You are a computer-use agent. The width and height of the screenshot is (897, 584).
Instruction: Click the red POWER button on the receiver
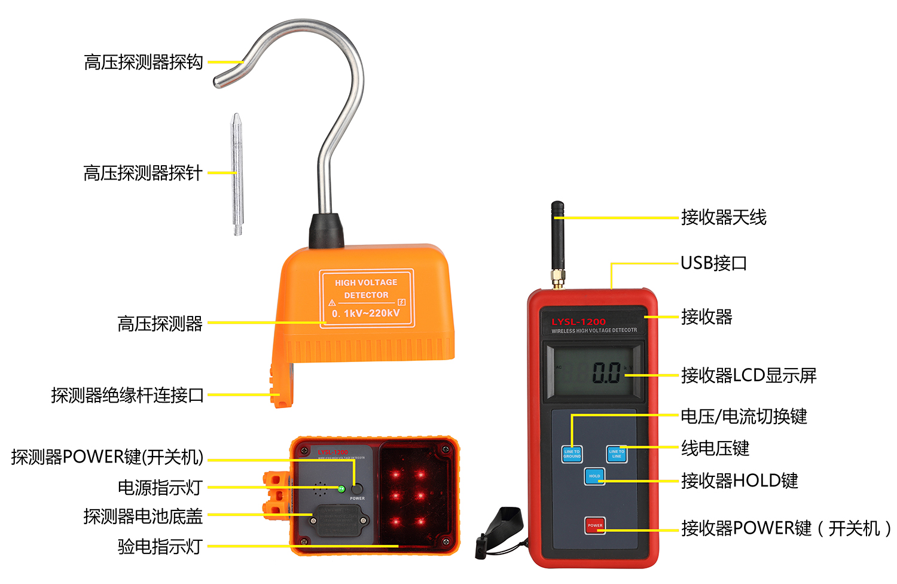594,525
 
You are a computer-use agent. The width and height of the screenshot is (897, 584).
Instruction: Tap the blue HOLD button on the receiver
594,476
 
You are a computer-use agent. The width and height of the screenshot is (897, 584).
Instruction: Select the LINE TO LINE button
616,454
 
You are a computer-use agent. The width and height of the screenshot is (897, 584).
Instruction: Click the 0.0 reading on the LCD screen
606,373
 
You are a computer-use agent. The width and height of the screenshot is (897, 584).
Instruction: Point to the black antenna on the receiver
557,239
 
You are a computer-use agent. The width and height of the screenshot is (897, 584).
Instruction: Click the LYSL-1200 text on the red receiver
578,322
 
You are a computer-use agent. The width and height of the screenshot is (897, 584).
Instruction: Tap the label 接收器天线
724,217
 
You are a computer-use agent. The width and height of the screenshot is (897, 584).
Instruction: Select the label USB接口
713,263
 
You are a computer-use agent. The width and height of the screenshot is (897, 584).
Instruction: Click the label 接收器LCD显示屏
749,376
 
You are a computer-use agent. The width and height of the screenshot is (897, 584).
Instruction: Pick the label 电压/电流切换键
744,416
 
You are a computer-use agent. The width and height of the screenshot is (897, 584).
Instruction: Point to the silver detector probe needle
237,174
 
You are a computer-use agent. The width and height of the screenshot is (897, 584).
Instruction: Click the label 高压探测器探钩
144,62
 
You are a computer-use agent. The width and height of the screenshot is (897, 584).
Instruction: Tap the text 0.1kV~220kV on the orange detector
366,313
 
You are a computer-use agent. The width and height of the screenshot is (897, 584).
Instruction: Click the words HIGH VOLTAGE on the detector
366,282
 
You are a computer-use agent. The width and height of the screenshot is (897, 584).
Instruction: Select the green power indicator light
341,489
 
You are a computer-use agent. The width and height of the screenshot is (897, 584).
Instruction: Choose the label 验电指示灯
160,546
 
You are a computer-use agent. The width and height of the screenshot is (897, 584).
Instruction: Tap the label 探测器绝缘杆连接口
127,395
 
